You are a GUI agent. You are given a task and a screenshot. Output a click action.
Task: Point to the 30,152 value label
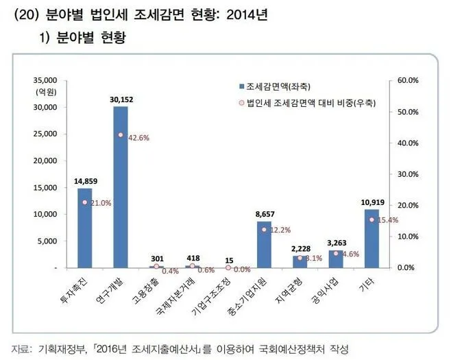pos(121,99)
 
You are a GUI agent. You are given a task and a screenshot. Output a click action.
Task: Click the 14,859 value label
pos(85,182)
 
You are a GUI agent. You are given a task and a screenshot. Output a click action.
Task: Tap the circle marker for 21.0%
pos(84,202)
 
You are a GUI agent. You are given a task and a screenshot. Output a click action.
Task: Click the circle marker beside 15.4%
pos(371,219)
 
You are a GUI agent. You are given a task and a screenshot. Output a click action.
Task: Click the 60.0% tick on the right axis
pos(407,80)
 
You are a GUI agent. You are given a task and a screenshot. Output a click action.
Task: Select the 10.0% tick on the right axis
pos(407,236)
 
